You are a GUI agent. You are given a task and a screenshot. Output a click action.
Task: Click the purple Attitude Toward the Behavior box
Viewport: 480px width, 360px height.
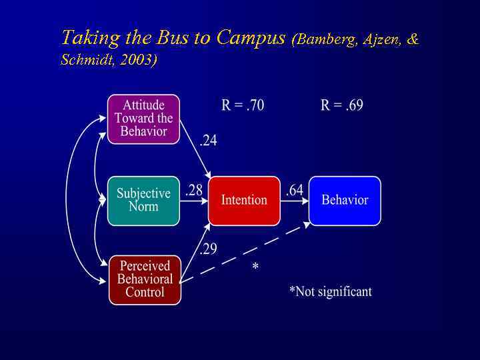(x=144, y=119)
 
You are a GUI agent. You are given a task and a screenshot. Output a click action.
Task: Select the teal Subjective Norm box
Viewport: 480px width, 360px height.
(x=143, y=200)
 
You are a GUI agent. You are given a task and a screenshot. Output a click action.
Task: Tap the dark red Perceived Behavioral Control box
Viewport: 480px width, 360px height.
(x=145, y=279)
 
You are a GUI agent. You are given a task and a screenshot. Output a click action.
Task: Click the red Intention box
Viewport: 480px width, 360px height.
(x=244, y=200)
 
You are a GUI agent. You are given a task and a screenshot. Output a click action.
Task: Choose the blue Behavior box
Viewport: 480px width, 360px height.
(x=345, y=200)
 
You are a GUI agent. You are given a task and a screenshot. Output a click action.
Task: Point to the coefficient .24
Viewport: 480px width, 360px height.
(x=208, y=141)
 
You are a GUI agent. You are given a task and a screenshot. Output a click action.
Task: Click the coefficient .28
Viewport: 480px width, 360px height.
(x=194, y=190)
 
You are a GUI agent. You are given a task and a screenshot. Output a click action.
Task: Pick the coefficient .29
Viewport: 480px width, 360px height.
(x=208, y=249)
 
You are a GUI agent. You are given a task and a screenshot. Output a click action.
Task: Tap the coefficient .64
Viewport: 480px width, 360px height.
(x=295, y=190)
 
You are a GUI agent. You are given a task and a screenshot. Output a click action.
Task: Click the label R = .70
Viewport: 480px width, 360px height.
(x=243, y=105)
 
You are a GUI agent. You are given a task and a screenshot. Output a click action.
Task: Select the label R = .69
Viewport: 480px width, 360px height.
(x=342, y=105)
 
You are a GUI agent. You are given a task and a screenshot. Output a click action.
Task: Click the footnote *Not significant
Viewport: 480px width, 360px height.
(x=331, y=291)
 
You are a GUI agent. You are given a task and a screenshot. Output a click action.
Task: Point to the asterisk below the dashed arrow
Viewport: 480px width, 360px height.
(x=255, y=268)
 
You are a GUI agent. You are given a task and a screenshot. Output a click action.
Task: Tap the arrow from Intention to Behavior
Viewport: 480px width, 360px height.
(x=295, y=201)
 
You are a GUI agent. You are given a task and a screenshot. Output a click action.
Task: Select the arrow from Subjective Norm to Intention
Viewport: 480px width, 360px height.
(x=194, y=201)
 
